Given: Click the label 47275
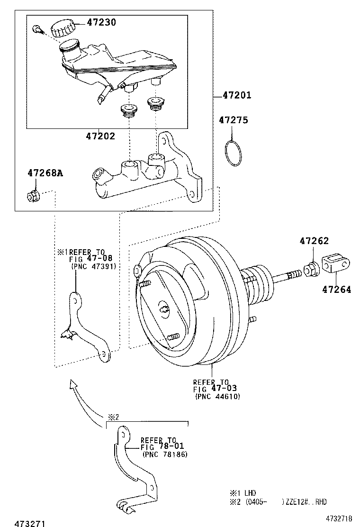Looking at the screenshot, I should (233, 120).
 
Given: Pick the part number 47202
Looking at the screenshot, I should (100, 136).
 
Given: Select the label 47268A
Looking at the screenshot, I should (45, 173).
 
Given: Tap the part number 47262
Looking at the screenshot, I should (314, 241).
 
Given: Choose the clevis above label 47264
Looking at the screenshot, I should (335, 264).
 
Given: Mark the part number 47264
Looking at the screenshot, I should (337, 290).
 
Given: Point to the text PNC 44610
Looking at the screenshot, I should (217, 396).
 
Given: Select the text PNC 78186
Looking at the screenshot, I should (165, 454).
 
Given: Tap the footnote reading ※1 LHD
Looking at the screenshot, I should (243, 493).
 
